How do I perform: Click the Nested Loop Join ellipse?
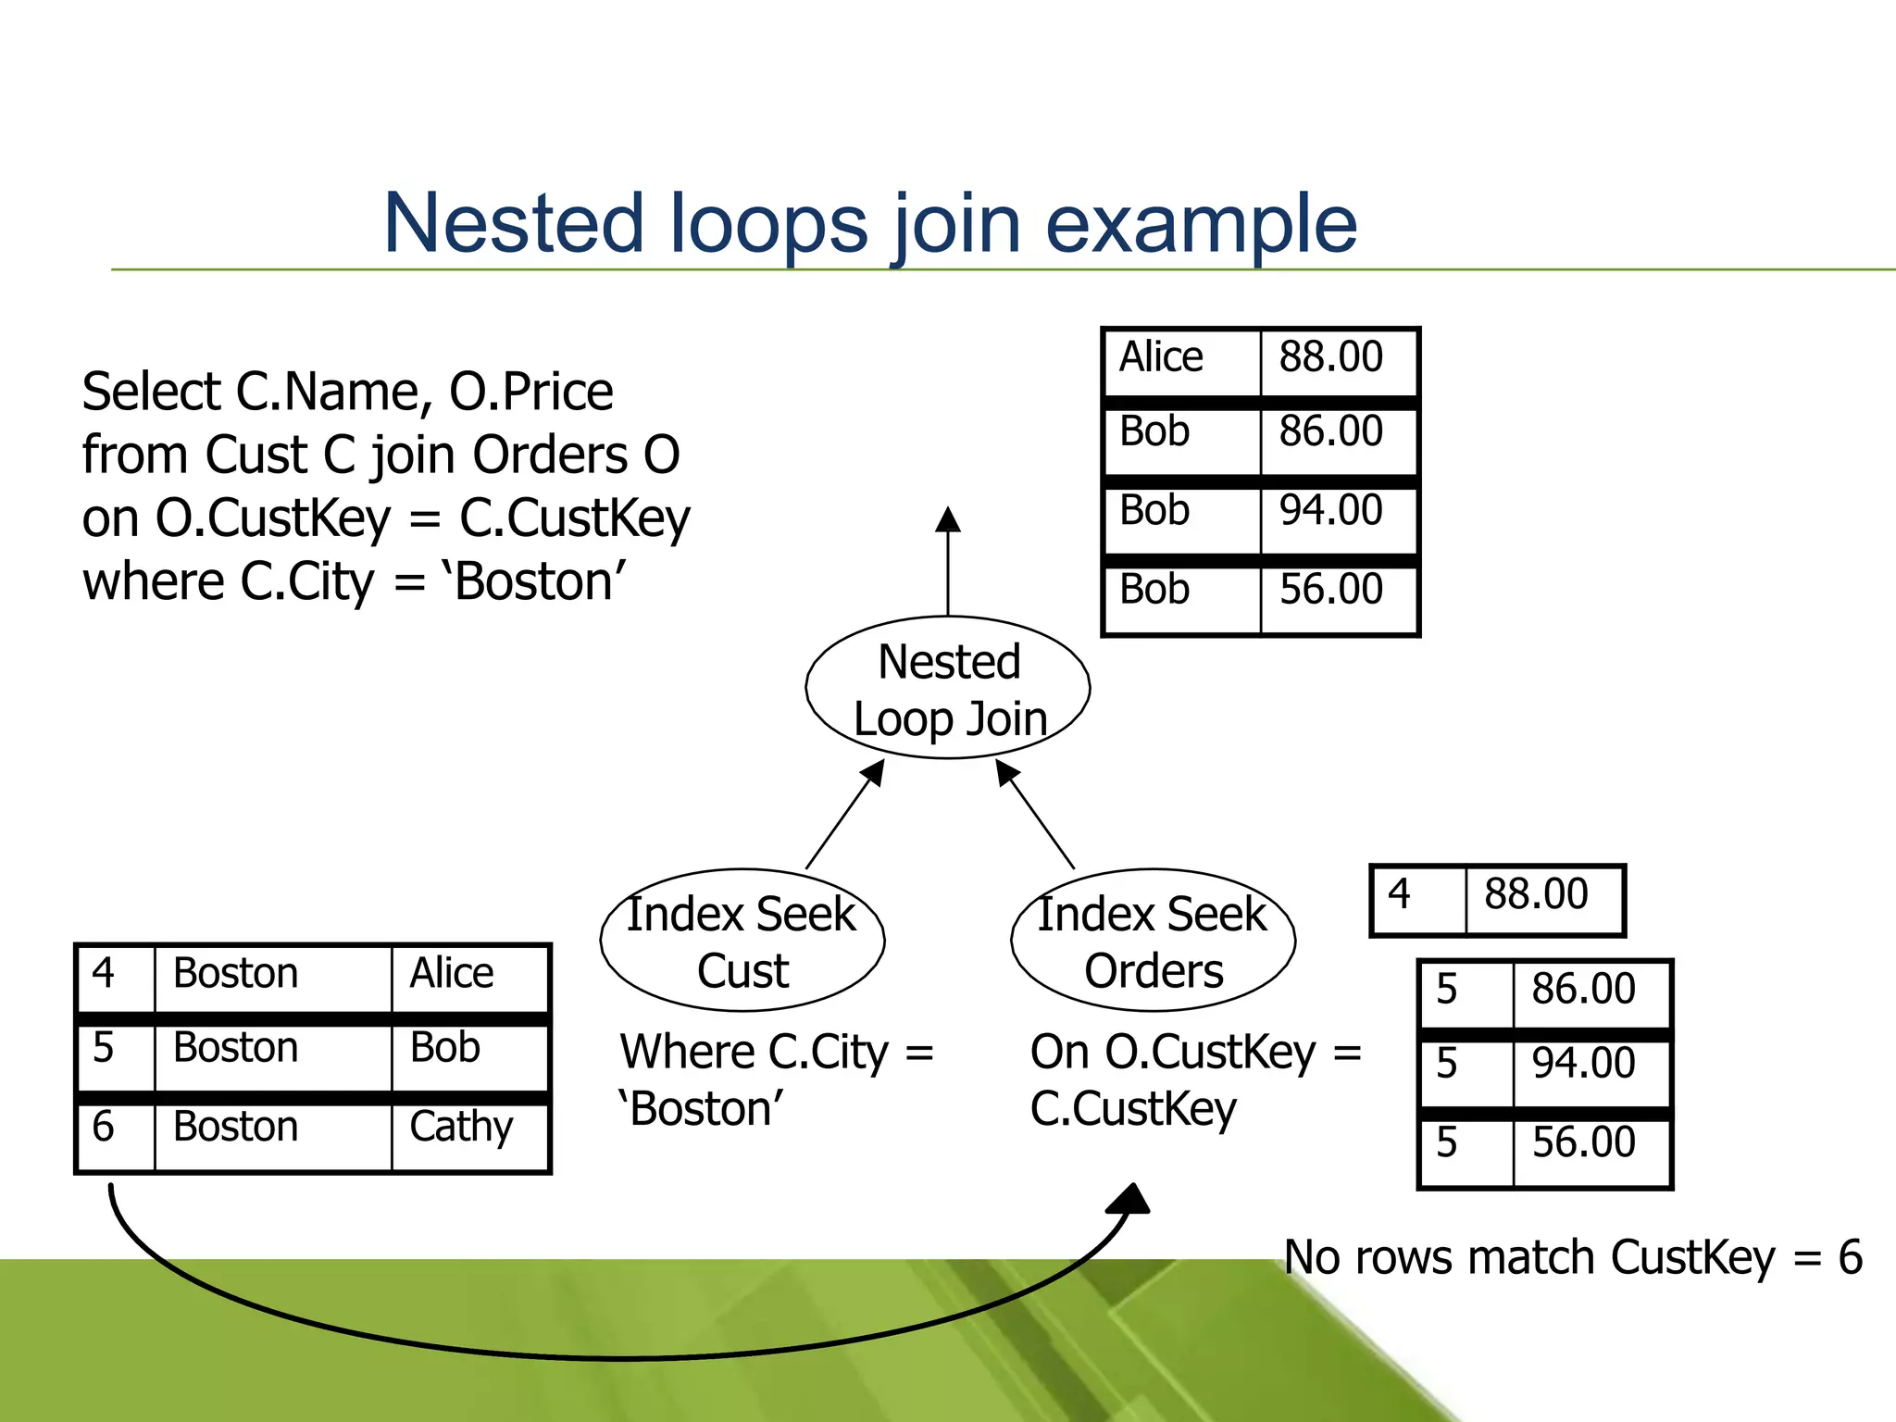click(x=948, y=689)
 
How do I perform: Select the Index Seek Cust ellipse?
click(x=742, y=941)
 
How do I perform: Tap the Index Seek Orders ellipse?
click(x=1153, y=941)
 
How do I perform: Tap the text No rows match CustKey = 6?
click(x=1572, y=1257)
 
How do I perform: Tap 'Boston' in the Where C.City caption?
click(x=702, y=1109)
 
